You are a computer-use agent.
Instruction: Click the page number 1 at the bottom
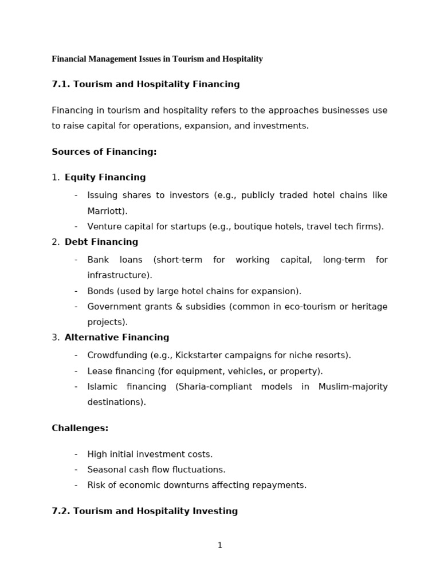219,545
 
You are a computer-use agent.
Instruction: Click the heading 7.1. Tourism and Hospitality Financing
146,84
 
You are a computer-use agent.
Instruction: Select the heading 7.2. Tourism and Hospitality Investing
144,511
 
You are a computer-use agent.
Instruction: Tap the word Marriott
106,211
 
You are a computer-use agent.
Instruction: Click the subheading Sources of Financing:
104,152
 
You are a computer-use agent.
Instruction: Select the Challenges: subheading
80,428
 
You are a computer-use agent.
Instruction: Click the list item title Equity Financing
105,177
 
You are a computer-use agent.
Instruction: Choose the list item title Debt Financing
101,242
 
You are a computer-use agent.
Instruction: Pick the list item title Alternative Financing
116,338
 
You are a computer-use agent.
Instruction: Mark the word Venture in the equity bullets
104,226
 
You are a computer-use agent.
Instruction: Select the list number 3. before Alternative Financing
55,338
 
